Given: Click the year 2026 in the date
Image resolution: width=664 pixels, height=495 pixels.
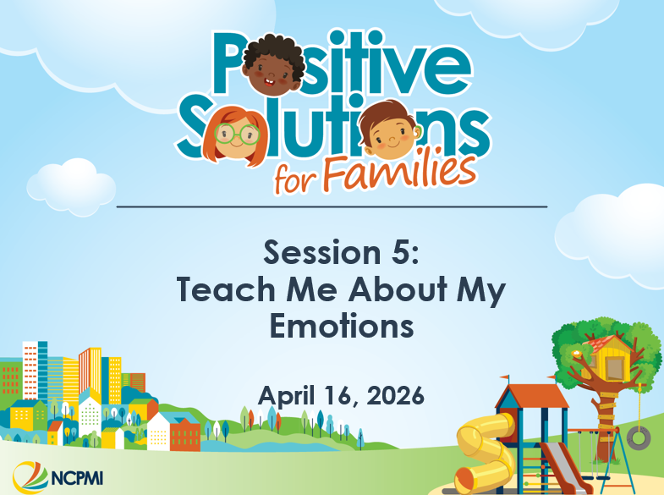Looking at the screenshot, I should (x=392, y=395).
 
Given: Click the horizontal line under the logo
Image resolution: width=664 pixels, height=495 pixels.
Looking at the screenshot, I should (x=331, y=206).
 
